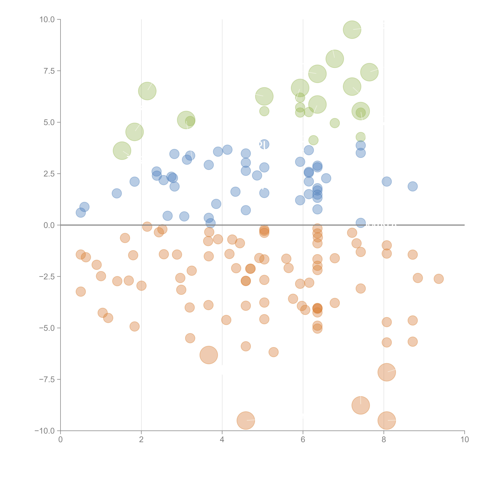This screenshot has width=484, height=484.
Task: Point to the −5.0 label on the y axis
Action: point(47,328)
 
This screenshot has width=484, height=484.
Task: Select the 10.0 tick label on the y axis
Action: point(47,20)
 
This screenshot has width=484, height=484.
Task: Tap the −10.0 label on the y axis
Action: point(45,431)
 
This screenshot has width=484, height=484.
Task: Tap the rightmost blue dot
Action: point(413,186)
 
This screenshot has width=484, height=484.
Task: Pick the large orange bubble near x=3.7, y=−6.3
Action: point(209,355)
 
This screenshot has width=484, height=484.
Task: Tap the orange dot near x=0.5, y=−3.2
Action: point(81,291)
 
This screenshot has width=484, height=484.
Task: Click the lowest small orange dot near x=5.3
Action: point(274,352)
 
